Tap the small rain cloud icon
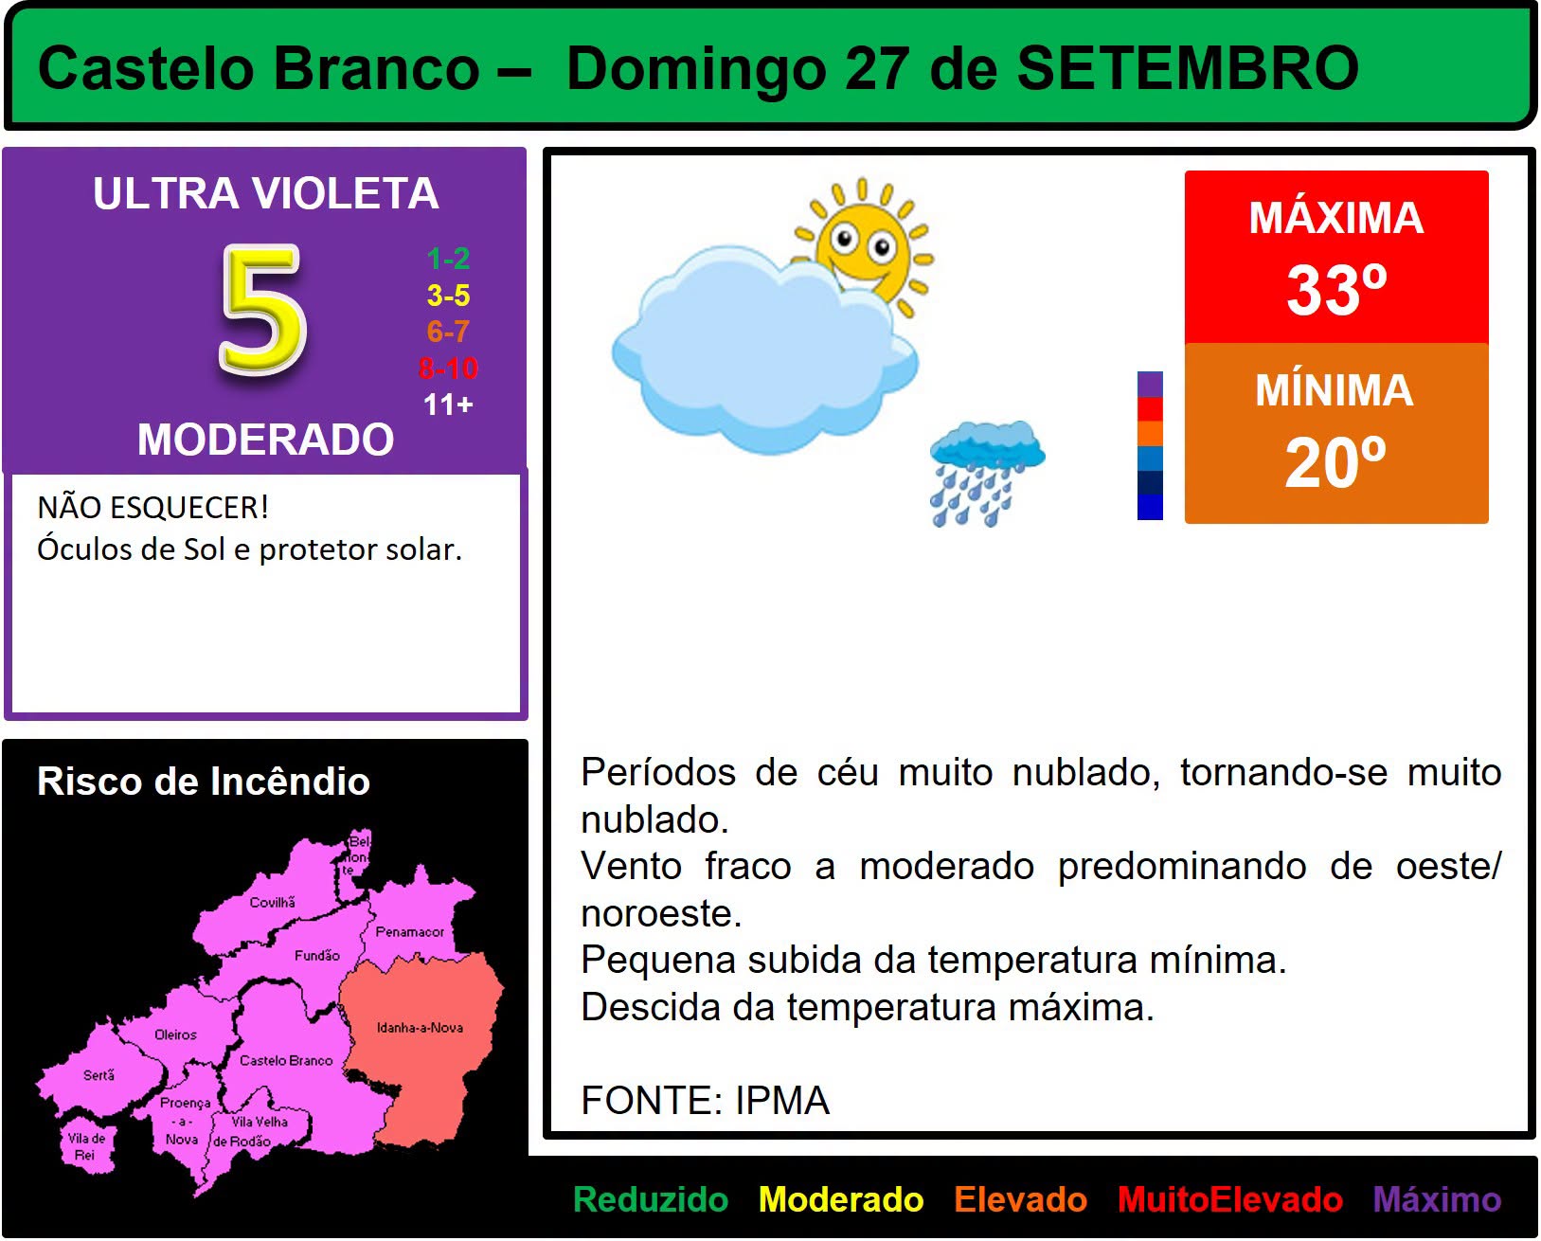[x=987, y=473]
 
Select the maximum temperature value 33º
[x=1336, y=289]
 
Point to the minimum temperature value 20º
[x=1335, y=462]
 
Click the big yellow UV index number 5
[x=262, y=310]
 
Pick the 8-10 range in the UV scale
[x=448, y=369]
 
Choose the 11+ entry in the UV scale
[x=448, y=405]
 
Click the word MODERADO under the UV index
[x=265, y=439]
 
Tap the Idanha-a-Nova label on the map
[x=420, y=1028]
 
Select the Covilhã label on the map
[x=272, y=902]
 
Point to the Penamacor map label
[x=409, y=931]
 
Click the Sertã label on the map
[x=99, y=1075]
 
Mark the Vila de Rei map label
[x=86, y=1146]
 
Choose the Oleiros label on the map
[x=175, y=1034]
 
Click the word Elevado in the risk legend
[x=1020, y=1199]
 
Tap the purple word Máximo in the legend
[x=1437, y=1199]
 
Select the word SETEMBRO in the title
[x=1188, y=68]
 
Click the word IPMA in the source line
[x=782, y=1101]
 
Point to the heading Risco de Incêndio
[x=204, y=781]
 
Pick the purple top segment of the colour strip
[x=1150, y=384]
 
